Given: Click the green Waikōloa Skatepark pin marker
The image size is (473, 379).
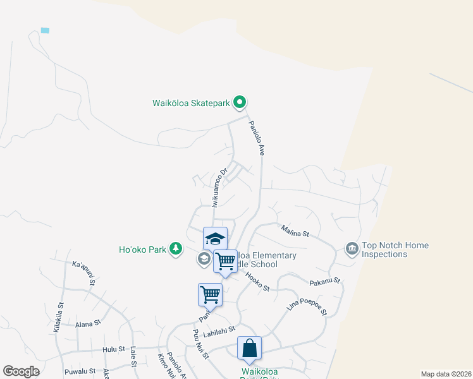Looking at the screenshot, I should [239, 102].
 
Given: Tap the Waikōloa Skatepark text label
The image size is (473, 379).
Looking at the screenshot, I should [191, 103].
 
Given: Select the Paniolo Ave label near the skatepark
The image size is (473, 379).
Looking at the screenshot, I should [256, 138].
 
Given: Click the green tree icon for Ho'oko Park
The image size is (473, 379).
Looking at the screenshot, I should [176, 249].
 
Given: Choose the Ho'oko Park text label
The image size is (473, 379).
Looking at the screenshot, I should [143, 250].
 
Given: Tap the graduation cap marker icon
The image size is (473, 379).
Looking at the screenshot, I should [215, 239].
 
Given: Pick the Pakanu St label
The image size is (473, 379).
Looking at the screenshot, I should [325, 281].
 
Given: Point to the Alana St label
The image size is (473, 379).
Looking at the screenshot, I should [89, 323].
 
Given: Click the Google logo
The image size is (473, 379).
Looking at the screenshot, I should [21, 371].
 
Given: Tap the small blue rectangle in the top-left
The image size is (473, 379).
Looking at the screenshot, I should [45, 30].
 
